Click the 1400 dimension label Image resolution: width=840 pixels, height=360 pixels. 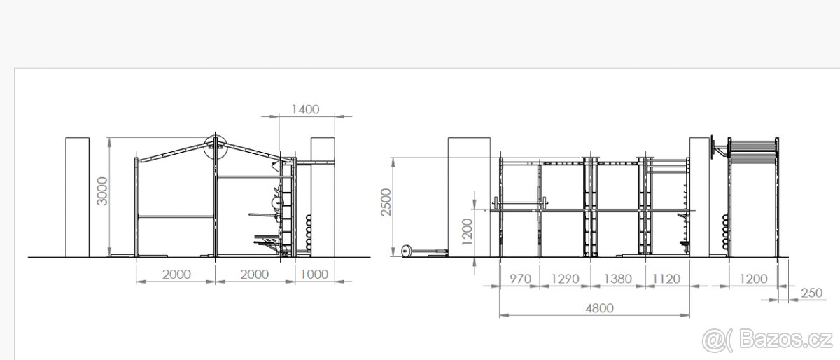306,109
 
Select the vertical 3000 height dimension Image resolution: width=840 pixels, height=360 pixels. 102,191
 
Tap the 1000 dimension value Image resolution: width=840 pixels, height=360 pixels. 314,275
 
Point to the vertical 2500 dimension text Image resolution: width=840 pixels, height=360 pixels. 386,202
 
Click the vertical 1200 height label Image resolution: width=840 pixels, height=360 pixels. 467,232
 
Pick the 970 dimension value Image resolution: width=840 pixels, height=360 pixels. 521,279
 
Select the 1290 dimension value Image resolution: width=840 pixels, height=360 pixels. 565,279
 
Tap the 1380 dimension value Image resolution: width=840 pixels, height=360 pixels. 617,279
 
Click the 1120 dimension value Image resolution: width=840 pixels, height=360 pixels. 666,279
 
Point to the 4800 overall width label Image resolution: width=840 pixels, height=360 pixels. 600,308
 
